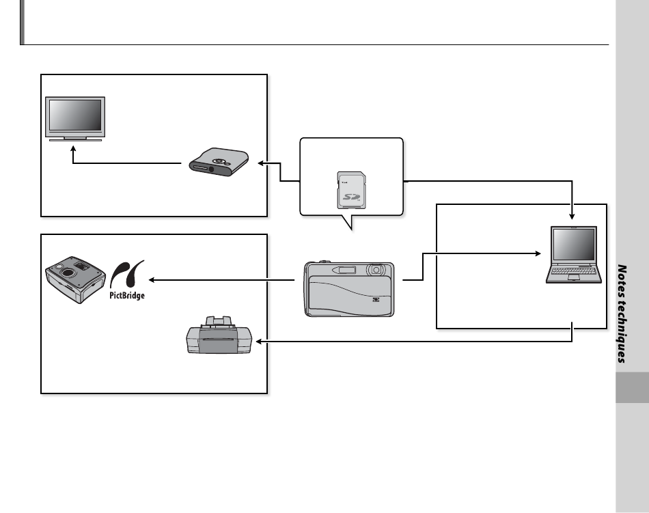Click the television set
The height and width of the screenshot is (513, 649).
click(x=75, y=119)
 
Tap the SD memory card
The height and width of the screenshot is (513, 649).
click(x=351, y=191)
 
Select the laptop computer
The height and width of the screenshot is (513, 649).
click(x=573, y=254)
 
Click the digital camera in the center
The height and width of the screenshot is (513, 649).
click(x=349, y=289)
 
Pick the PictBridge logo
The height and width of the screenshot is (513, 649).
click(x=127, y=279)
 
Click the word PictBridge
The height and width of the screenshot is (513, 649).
click(x=127, y=295)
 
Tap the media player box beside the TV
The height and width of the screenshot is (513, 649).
click(x=219, y=162)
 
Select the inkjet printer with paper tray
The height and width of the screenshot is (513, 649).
click(x=219, y=335)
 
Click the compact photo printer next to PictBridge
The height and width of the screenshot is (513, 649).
click(x=75, y=279)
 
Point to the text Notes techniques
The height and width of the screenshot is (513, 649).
click(x=622, y=314)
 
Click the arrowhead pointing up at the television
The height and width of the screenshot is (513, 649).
click(x=73, y=148)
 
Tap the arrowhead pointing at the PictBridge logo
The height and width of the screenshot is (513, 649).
click(x=152, y=280)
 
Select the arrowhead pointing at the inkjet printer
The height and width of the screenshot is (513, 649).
click(x=259, y=342)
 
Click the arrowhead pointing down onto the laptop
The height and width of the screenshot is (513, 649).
click(x=572, y=217)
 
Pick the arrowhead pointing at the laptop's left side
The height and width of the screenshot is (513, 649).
click(x=538, y=253)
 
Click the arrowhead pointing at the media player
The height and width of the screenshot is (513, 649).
click(x=261, y=163)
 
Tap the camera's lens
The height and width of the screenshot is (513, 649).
click(x=376, y=270)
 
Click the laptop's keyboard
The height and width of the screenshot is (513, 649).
click(x=574, y=271)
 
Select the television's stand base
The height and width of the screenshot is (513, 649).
click(x=75, y=140)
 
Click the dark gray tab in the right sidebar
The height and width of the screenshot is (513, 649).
click(x=632, y=387)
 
